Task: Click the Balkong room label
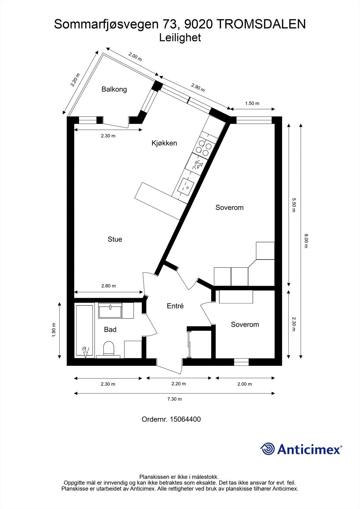114,89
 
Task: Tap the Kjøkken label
164,143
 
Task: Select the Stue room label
115,239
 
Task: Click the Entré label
175,306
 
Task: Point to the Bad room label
110,330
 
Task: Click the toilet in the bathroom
109,349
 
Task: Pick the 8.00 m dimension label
306,241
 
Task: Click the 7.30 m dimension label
175,399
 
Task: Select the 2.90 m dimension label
198,87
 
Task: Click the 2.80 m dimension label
108,286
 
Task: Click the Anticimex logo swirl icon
267,449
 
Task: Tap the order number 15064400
185,419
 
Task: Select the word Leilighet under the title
180,38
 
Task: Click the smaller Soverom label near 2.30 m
245,324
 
